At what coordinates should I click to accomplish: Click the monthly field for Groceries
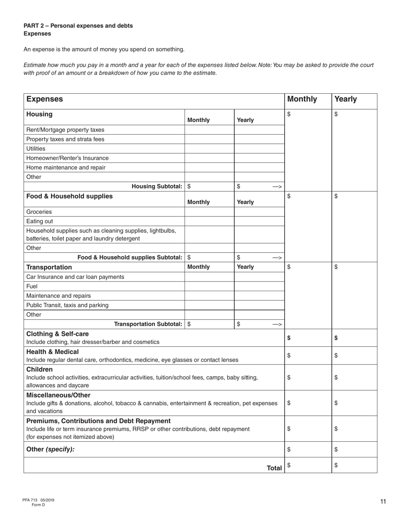coord(209,212)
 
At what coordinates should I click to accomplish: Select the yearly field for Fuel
coord(259,286)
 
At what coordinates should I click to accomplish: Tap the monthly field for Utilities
coord(209,149)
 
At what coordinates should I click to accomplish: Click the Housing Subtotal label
coord(157,187)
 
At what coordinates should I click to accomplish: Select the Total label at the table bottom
coord(274,468)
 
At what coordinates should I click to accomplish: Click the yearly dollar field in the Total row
coord(355,465)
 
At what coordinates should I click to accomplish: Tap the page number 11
coord(383,502)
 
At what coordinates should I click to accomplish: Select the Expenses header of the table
coord(45,99)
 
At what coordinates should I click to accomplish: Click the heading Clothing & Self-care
coord(58,334)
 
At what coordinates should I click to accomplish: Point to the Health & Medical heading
coord(52,351)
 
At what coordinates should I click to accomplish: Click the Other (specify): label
coord(50,449)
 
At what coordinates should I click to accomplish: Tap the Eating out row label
coord(40,221)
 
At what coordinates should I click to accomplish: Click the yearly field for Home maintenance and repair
coord(259,168)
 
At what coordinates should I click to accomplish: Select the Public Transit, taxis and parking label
coord(68,305)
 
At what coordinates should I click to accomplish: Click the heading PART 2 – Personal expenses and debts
coord(78,26)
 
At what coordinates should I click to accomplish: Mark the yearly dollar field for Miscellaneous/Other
coord(355,403)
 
